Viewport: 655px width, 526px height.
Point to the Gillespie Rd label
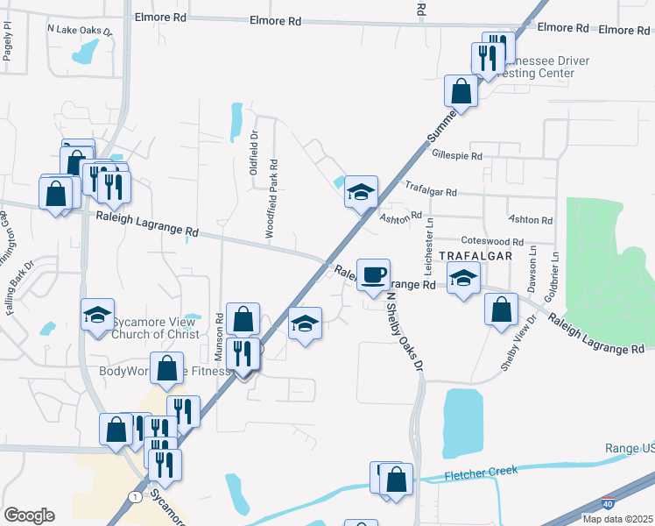pyautogui.click(x=457, y=156)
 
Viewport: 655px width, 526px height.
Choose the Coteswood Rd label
pyautogui.click(x=491, y=241)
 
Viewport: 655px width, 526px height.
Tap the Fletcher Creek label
pyautogui.click(x=481, y=471)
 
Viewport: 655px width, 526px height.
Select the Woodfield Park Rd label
pyautogui.click(x=273, y=198)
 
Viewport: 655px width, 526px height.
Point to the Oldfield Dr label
pyautogui.click(x=254, y=153)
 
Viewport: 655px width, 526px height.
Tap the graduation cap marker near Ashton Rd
pyautogui.click(x=359, y=192)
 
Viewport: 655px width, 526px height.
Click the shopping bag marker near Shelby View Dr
pyautogui.click(x=501, y=310)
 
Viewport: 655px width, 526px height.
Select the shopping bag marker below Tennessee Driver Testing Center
pyautogui.click(x=461, y=90)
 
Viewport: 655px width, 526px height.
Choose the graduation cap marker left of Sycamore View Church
pyautogui.click(x=97, y=315)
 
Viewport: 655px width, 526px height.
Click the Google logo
pyautogui.click(x=29, y=515)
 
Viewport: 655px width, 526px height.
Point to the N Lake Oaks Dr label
pyautogui.click(x=81, y=29)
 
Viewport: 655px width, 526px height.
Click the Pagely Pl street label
pyautogui.click(x=8, y=40)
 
